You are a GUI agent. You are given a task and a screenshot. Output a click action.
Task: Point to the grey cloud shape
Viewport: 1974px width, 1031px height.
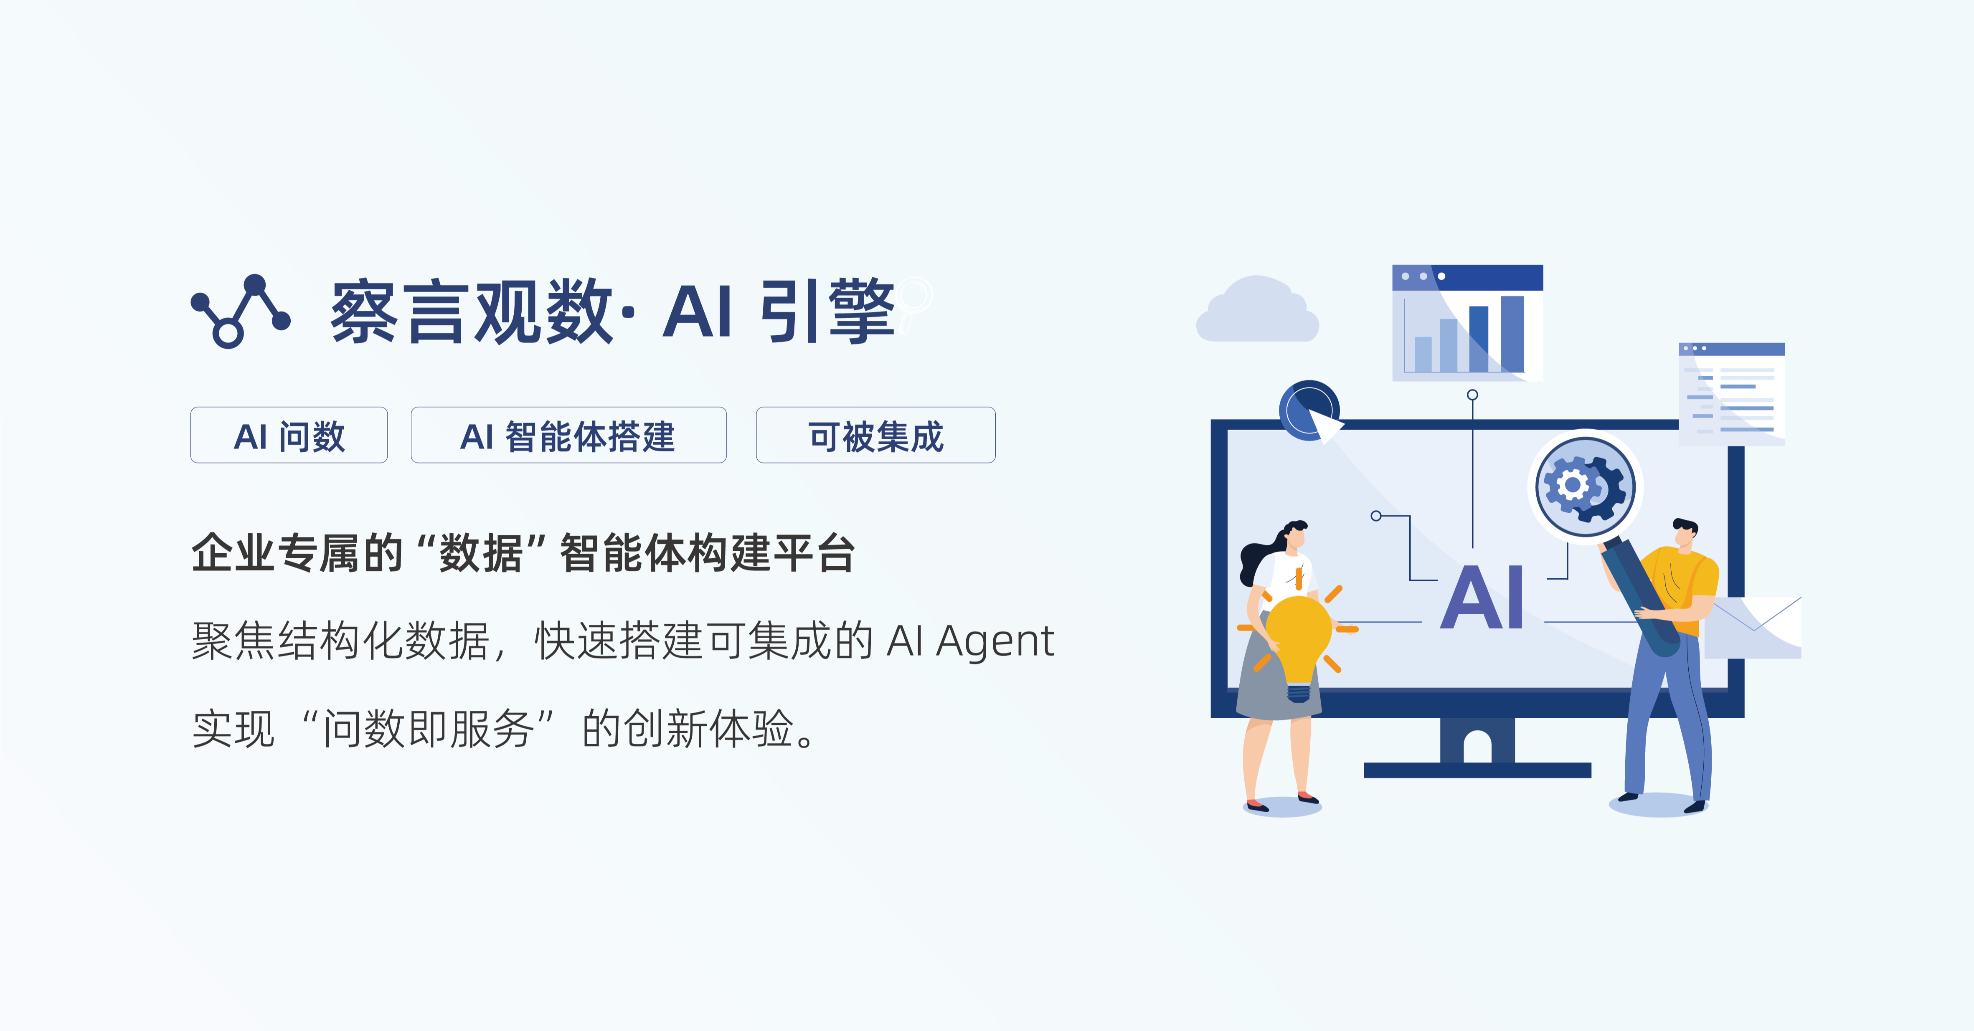(1257, 312)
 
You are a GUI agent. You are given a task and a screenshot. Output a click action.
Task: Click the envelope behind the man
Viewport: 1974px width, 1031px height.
(1755, 628)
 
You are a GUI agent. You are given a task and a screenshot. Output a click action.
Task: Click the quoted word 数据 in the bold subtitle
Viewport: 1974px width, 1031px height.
(480, 553)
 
